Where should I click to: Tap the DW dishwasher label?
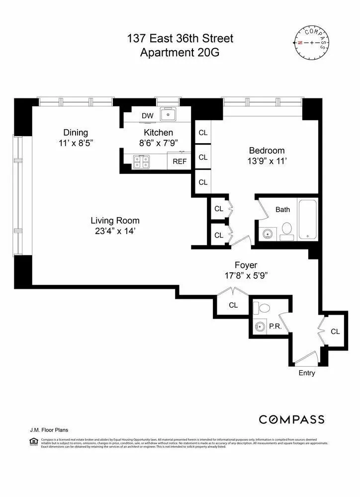[147, 116]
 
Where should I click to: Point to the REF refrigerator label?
[179, 162]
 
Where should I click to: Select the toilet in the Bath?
[286, 230]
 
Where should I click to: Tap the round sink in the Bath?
[269, 233]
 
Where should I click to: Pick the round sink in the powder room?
[260, 327]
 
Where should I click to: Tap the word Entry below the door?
[306, 373]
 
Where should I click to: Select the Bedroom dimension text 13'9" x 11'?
[267, 161]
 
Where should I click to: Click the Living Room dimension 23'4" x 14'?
[115, 231]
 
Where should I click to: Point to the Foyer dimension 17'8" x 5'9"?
[246, 276]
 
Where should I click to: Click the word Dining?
[76, 132]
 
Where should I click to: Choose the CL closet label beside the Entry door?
[335, 331]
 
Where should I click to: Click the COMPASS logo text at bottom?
[291, 419]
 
